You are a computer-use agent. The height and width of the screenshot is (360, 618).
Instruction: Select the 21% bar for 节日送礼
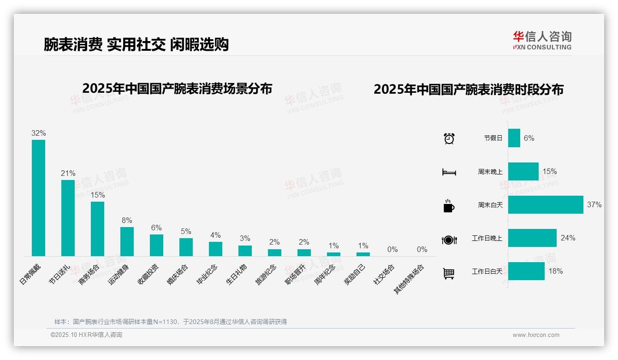[68, 218]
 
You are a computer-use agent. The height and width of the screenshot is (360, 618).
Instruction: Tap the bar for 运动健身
[127, 241]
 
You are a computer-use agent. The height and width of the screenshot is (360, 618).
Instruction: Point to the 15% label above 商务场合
[97, 195]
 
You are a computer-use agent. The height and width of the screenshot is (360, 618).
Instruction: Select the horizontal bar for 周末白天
[546, 205]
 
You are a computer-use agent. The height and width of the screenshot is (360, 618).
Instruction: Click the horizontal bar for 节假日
[514, 138]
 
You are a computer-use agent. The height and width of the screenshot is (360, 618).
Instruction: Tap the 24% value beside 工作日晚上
[568, 238]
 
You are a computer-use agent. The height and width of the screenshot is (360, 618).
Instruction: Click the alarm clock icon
[449, 138]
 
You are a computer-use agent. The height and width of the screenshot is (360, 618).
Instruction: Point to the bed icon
[449, 172]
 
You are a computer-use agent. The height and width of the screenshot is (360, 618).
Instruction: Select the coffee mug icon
[449, 206]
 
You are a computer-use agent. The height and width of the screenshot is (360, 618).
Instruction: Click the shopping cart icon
[449, 273]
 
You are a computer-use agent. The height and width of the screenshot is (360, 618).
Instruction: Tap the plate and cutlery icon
[449, 240]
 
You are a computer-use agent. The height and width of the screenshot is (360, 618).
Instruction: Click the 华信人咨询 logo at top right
[542, 41]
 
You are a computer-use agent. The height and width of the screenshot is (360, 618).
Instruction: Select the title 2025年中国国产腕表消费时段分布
[469, 90]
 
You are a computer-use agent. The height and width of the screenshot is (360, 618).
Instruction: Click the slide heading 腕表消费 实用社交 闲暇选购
[136, 44]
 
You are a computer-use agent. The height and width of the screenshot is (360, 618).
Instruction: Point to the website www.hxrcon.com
[536, 335]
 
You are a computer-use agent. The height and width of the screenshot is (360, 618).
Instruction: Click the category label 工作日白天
[487, 271]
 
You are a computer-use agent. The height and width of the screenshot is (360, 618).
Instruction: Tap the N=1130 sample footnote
[171, 322]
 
